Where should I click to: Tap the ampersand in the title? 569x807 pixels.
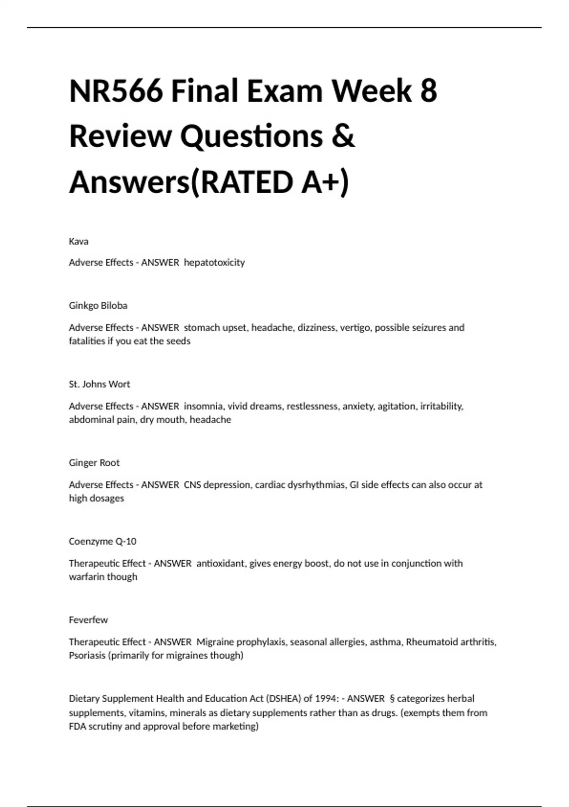click(x=343, y=136)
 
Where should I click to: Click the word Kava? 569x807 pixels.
click(x=79, y=241)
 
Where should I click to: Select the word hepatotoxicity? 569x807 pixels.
click(x=214, y=263)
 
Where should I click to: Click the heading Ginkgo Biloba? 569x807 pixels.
click(x=98, y=306)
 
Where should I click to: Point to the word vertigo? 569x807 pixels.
click(x=355, y=328)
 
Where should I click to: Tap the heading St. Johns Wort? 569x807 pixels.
click(x=100, y=384)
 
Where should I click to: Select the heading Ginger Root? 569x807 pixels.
click(x=94, y=463)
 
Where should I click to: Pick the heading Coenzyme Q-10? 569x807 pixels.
click(x=102, y=541)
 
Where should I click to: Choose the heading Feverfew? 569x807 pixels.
click(x=88, y=620)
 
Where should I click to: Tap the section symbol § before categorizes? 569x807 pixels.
click(x=392, y=699)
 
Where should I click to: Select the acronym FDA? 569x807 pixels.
click(x=77, y=726)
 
